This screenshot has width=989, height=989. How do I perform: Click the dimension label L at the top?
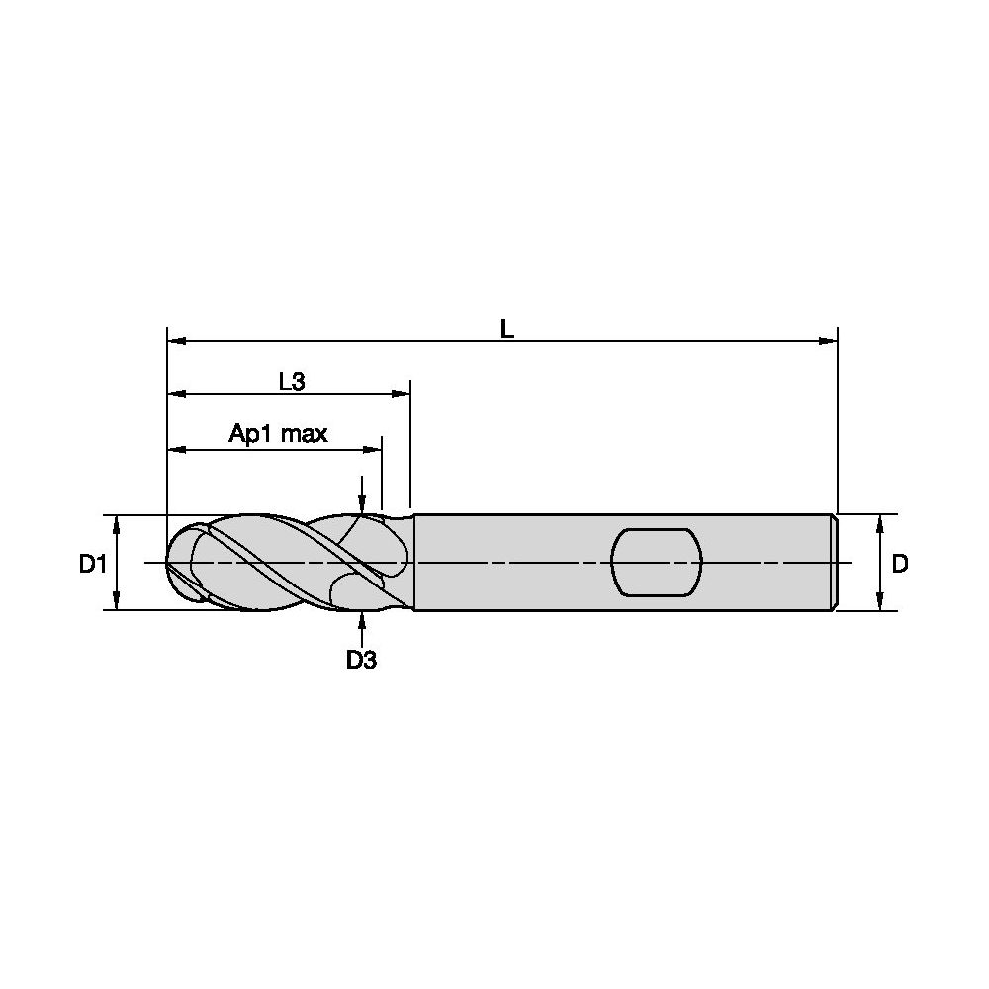(x=507, y=328)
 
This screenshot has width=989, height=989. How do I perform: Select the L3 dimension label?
(x=292, y=381)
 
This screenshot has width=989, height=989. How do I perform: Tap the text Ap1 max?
(x=278, y=434)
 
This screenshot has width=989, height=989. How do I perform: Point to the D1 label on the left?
(x=93, y=564)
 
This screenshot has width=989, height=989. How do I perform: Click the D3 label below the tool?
(x=361, y=660)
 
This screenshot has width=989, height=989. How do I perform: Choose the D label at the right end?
(x=900, y=564)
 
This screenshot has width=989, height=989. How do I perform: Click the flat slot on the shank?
(x=657, y=562)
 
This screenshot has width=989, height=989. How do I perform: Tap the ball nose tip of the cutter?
(x=168, y=562)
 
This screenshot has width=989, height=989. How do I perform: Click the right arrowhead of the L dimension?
(x=828, y=341)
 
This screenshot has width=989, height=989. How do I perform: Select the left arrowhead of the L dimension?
(x=177, y=341)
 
